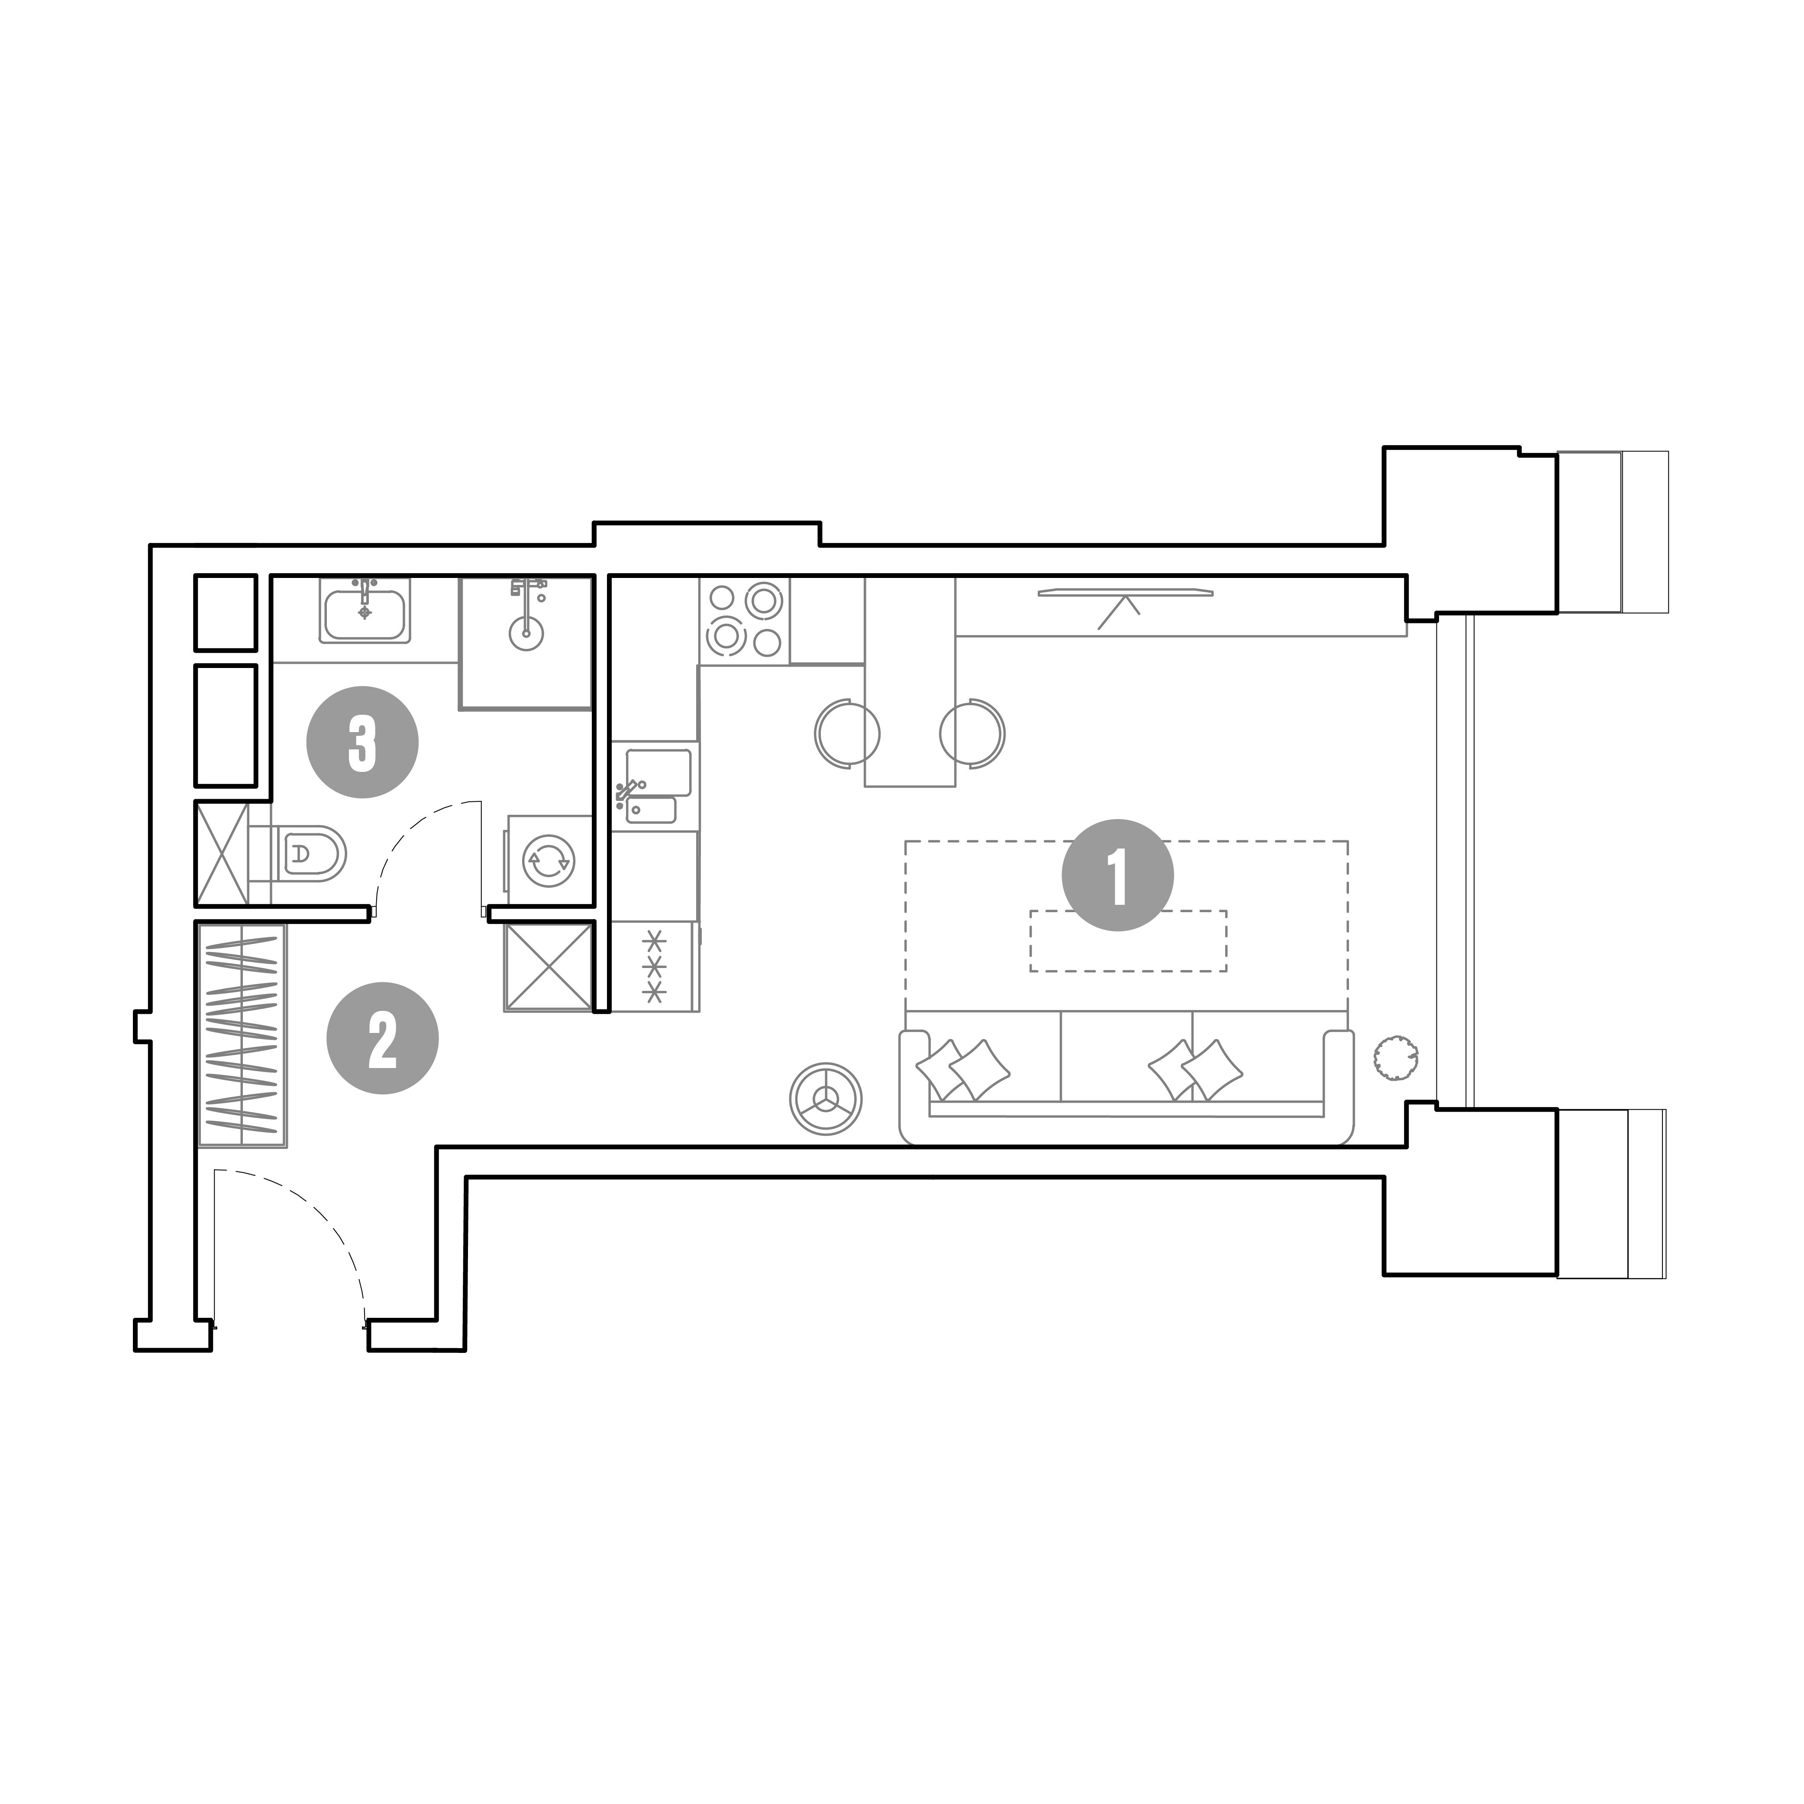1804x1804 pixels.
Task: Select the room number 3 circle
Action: click(362, 742)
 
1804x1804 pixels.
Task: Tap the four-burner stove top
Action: click(744, 621)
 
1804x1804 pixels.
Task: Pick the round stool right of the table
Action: click(972, 733)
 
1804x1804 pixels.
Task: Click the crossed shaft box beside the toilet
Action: click(222, 853)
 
